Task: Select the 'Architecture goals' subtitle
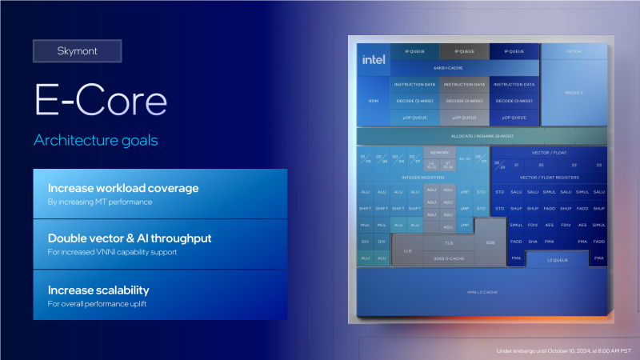pyautogui.click(x=95, y=141)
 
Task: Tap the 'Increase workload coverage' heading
pyautogui.click(x=123, y=189)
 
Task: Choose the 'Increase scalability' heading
pyautogui.click(x=98, y=290)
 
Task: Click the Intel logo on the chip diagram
pyautogui.click(x=373, y=60)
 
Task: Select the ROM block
pyautogui.click(x=373, y=101)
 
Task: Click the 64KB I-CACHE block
pyautogui.click(x=438, y=69)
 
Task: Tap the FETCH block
pyautogui.click(x=574, y=51)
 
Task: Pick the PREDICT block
pyautogui.click(x=574, y=93)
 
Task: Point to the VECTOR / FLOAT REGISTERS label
pyautogui.click(x=549, y=177)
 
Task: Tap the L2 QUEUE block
pyautogui.click(x=557, y=260)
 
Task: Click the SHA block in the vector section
pyautogui.click(x=533, y=242)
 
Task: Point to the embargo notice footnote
pyautogui.click(x=564, y=350)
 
